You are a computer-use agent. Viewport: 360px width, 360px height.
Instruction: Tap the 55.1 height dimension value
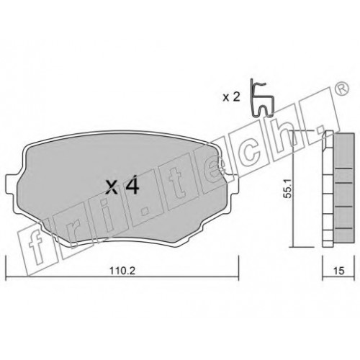pyautogui.click(x=288, y=188)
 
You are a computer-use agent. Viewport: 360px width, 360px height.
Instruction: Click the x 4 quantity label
pyautogui.click(x=122, y=184)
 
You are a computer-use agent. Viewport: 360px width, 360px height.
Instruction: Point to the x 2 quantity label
pyautogui.click(x=231, y=97)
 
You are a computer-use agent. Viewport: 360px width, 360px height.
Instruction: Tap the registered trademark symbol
pyautogui.click(x=342, y=88)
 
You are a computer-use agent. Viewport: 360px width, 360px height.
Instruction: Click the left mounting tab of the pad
pyautogui.click(x=11, y=184)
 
